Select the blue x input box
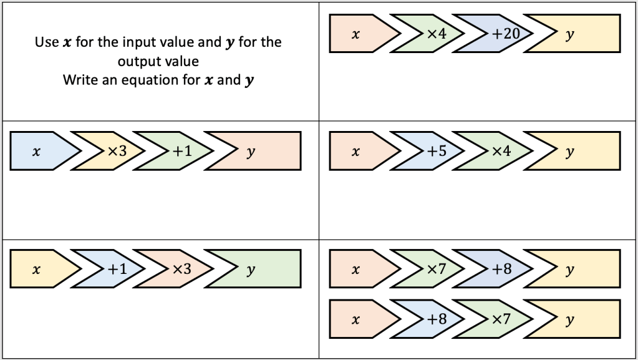tap(37, 150)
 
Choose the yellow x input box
tap(37, 269)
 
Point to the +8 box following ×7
tap(501, 269)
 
